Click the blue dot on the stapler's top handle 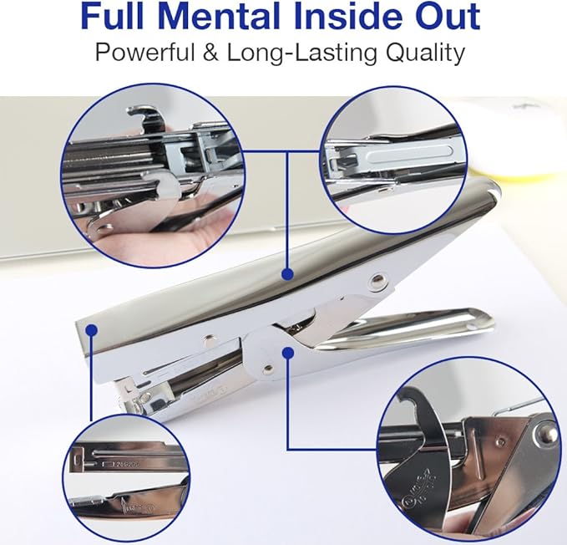[286, 273]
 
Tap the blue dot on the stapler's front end [91, 331]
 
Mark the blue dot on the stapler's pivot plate [286, 352]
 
